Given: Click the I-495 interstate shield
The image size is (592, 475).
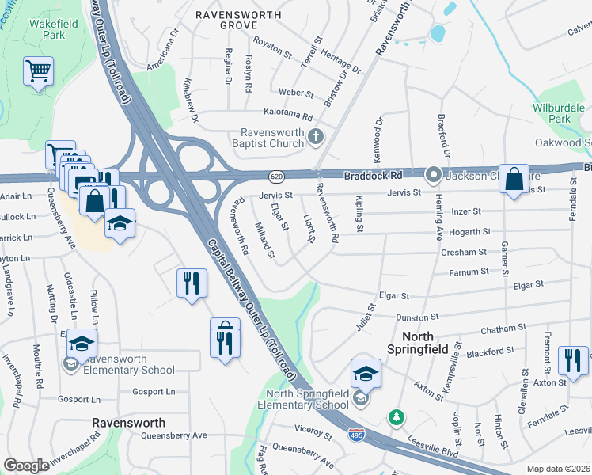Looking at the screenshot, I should [x=357, y=434].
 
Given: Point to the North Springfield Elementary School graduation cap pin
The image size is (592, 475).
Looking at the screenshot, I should [x=366, y=373].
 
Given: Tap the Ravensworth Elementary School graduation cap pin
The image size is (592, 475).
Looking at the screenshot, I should [x=82, y=343].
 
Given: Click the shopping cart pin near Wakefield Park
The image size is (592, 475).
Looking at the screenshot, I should [x=38, y=72].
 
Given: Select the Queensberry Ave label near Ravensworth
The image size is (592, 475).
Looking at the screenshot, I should [x=173, y=435].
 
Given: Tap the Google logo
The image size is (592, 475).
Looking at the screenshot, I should [x=26, y=465].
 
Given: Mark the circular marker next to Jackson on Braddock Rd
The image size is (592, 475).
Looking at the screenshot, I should [x=434, y=174].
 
